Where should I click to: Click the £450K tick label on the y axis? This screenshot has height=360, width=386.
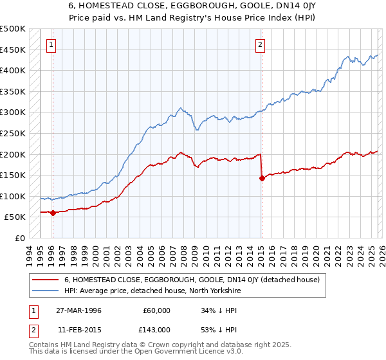tap(13, 50)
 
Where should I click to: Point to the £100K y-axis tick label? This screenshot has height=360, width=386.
tap(13, 196)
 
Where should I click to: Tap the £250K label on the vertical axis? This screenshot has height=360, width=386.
tap(13, 133)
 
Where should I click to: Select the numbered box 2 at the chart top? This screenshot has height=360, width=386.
tap(260, 45)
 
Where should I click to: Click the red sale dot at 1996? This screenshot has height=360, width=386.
tap(53, 213)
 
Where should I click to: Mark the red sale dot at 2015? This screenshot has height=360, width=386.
tap(262, 179)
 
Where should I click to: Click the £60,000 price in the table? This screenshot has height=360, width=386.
tap(156, 310)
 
